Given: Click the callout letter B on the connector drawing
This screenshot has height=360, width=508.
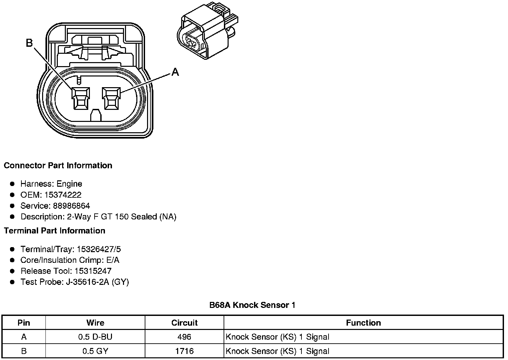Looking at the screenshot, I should (x=29, y=43).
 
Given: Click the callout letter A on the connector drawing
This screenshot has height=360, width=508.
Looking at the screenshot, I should (x=175, y=72).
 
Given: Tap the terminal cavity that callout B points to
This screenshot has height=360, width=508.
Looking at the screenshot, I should (x=81, y=99).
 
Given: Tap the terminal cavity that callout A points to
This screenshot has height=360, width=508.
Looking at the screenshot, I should (x=112, y=99).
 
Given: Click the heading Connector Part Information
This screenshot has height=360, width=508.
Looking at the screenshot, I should (x=58, y=166).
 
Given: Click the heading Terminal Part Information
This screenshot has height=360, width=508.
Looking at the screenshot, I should (x=54, y=231).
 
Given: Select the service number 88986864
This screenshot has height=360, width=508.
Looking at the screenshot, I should (x=71, y=206).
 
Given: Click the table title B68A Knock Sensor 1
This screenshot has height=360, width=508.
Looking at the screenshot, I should (x=252, y=305).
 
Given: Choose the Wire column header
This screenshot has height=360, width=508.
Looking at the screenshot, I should (x=95, y=323).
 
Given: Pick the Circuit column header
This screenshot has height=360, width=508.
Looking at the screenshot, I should (x=184, y=323).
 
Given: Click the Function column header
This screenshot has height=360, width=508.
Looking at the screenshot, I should (x=363, y=323).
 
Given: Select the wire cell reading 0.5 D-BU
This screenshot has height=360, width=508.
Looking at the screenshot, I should (x=95, y=337).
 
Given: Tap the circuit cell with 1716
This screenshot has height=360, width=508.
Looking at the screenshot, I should (x=184, y=351).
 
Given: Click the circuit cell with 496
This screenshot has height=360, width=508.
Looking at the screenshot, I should (x=184, y=337).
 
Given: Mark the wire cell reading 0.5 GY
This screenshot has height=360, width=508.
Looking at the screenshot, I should (x=95, y=351).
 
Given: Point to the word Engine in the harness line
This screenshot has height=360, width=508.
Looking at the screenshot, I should (x=69, y=184).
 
